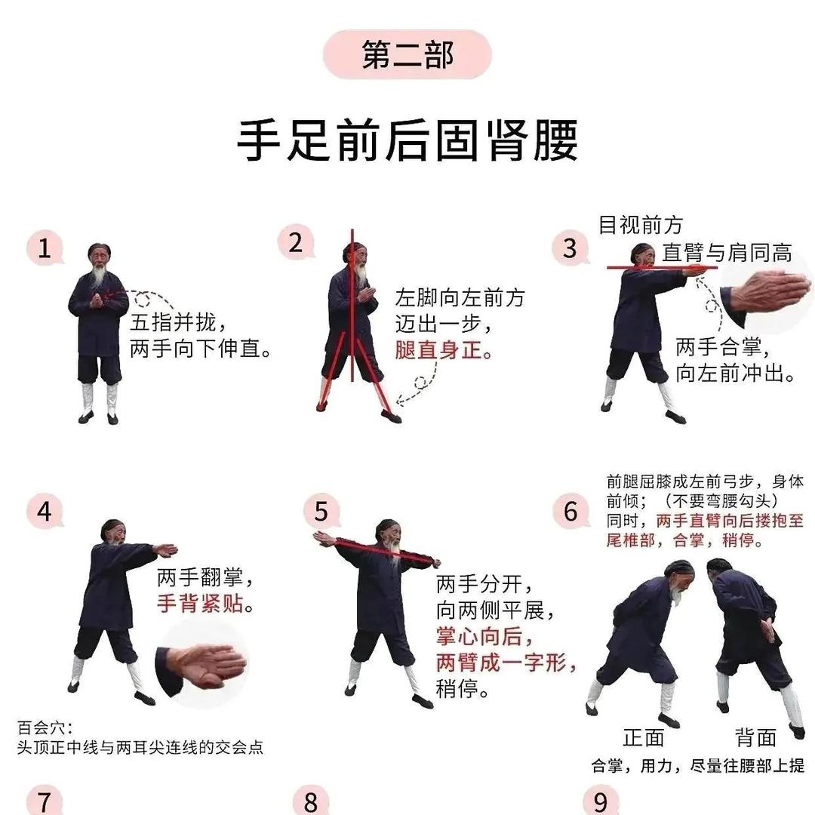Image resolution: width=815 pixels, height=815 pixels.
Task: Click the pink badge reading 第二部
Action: coord(407,55)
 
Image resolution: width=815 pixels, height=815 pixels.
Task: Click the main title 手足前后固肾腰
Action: coord(407,141)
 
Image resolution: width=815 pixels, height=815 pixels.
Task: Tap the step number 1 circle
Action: coord(45,249)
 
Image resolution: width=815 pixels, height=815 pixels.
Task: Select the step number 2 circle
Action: coord(295,243)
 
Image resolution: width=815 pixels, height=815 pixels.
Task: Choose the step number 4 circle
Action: coord(45,511)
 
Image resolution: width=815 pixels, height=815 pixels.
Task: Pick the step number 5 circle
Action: coord(321,511)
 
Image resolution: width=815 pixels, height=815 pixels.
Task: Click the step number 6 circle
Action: coord(570,511)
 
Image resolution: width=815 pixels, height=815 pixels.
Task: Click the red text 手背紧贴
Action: coord(205,604)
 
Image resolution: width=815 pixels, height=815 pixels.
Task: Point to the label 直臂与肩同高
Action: coord(727,253)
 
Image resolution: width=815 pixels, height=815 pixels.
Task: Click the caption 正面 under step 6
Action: coord(643,737)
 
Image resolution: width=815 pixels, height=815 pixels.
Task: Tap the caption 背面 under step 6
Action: coord(755,737)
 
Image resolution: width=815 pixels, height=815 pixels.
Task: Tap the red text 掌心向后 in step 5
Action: coord(478,637)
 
